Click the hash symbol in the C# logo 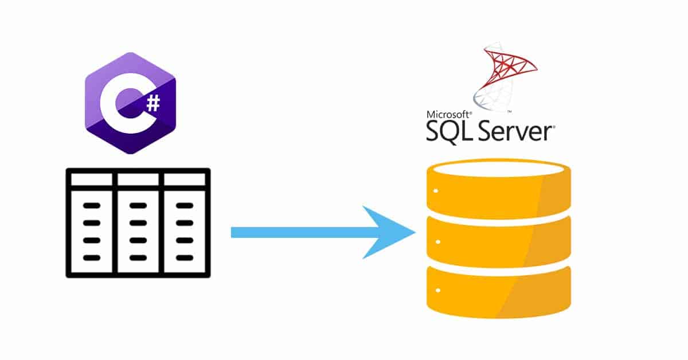point(153,103)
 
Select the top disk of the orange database point(499,192)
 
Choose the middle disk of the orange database point(499,241)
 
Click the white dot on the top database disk point(436,191)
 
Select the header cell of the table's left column point(92,179)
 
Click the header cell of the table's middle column point(138,179)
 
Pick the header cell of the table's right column point(185,179)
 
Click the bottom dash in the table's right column point(185,257)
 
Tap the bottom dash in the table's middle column point(138,257)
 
